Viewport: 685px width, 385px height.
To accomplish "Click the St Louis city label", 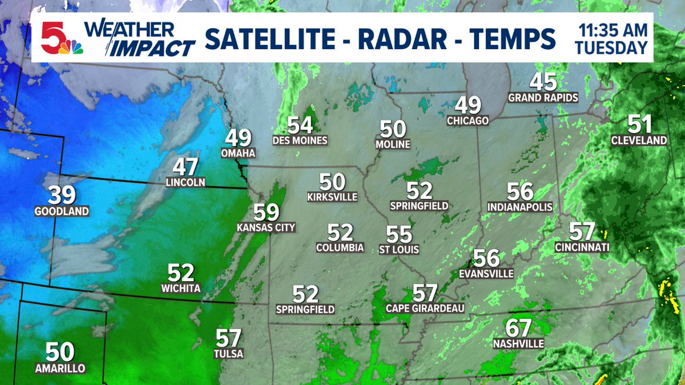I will (399, 249).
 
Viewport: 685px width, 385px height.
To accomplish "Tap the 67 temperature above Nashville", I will (518, 329).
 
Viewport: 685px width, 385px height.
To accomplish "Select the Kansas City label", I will (266, 228).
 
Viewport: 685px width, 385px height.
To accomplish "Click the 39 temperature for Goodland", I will (62, 196).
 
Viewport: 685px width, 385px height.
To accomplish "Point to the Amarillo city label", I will (59, 368).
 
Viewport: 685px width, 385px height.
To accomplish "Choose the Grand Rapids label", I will (543, 98).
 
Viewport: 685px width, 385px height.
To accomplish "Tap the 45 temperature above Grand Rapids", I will (543, 82).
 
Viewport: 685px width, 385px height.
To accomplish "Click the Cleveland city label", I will (639, 140).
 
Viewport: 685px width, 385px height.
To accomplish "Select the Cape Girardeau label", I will (425, 309).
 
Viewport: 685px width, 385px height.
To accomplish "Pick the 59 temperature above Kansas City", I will (266, 212).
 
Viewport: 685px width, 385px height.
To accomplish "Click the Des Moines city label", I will (300, 140).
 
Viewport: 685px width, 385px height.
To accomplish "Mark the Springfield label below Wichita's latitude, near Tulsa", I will (305, 309).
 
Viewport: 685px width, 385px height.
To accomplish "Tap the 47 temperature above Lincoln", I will (185, 167).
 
